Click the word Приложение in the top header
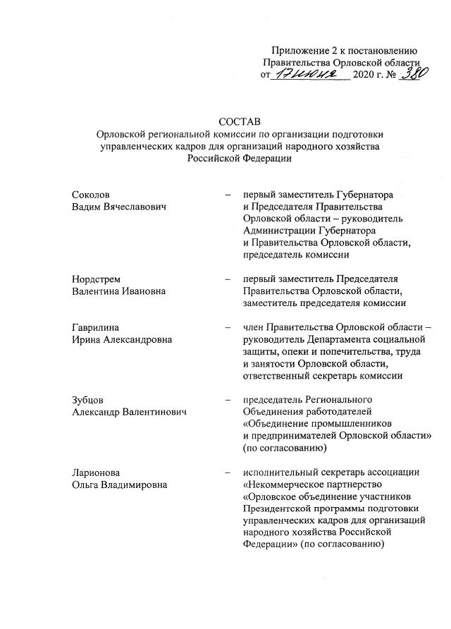[299, 50]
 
